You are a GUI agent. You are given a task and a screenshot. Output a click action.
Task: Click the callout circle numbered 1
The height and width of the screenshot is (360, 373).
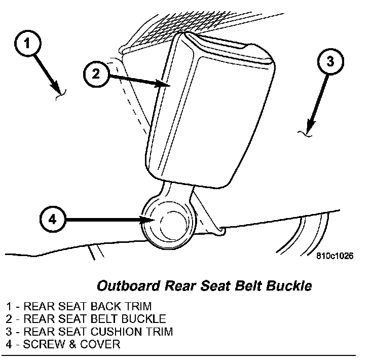[x=28, y=44]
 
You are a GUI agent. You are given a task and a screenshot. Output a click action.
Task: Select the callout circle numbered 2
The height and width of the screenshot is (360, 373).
[x=95, y=74]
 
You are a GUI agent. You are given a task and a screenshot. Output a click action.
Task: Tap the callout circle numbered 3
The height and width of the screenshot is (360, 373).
[x=330, y=62]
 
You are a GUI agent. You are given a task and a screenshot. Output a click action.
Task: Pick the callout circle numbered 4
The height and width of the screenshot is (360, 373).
[x=53, y=220]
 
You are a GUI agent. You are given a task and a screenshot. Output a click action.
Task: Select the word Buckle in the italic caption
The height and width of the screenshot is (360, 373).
[x=291, y=285]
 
